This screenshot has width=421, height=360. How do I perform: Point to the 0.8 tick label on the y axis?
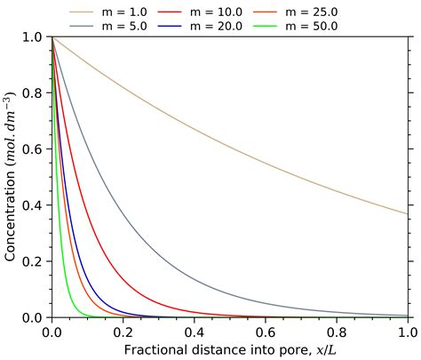click(32, 93)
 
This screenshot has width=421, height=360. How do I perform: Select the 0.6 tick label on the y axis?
click(32, 149)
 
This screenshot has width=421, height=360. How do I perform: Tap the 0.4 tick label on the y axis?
click(32, 205)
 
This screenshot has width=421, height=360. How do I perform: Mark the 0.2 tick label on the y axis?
click(32, 261)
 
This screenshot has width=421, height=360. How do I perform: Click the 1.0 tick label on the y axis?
click(32, 37)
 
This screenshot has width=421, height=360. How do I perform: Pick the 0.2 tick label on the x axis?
click(123, 332)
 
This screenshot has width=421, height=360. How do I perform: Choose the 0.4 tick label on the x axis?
click(195, 332)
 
